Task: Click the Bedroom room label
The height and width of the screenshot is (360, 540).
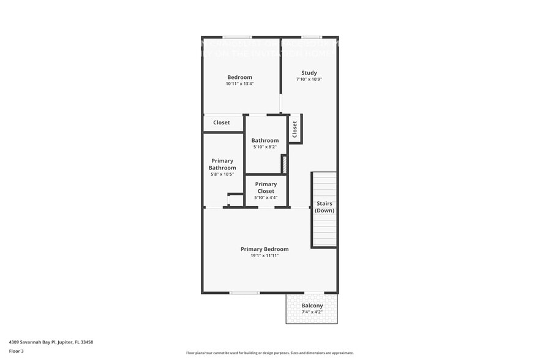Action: (x=239, y=77)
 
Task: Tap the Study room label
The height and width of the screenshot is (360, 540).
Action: (x=309, y=73)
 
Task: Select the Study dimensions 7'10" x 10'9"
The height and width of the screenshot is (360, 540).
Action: (x=309, y=79)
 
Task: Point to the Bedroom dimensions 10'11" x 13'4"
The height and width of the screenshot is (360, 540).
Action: (x=239, y=84)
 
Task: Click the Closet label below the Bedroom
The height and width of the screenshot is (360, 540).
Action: (x=222, y=122)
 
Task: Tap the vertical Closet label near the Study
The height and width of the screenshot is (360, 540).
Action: (x=294, y=129)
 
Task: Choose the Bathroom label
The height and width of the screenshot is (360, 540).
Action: (x=264, y=140)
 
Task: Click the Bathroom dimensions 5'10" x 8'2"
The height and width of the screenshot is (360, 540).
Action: (x=264, y=147)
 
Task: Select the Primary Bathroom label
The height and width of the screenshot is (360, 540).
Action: (x=222, y=164)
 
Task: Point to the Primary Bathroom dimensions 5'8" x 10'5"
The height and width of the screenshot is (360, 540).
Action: (x=222, y=174)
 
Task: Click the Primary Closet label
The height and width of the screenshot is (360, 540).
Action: (x=266, y=187)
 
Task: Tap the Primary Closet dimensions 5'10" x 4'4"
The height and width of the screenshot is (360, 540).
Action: (x=266, y=198)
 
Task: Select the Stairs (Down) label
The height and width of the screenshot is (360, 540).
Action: (x=324, y=207)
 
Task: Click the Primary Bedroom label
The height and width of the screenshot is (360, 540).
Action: (x=264, y=249)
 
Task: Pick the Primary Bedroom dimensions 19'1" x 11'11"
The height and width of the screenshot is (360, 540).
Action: (x=264, y=256)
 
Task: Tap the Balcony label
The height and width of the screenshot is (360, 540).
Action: (x=312, y=306)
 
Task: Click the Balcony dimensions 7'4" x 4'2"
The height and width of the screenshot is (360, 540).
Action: (x=312, y=312)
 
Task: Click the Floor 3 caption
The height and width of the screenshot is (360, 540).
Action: (x=16, y=351)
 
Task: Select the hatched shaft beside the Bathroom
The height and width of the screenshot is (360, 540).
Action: (x=284, y=164)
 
